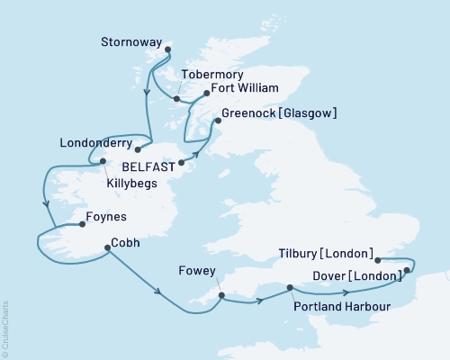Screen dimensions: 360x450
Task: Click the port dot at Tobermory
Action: [x=177, y=99]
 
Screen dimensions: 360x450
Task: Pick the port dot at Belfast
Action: [x=182, y=163]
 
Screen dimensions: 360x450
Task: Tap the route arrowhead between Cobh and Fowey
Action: [x=159, y=292]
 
